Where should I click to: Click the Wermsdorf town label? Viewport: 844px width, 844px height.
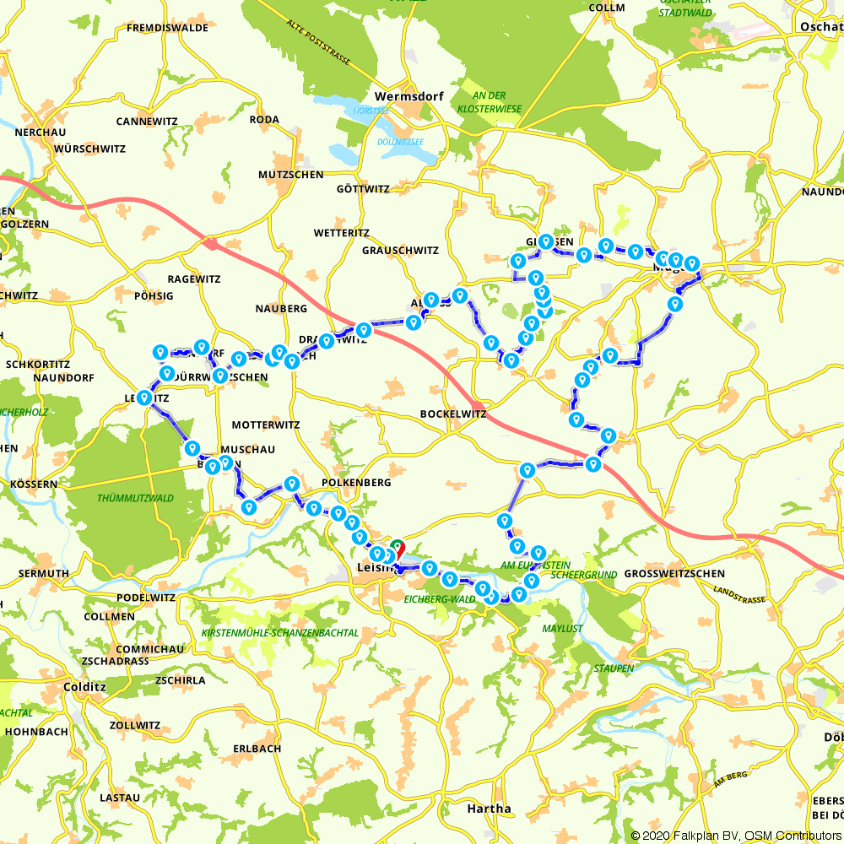click(408, 96)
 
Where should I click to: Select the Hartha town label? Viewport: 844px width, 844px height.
click(489, 809)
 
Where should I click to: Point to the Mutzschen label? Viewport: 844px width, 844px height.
click(290, 175)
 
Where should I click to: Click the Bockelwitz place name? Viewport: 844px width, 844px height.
click(454, 414)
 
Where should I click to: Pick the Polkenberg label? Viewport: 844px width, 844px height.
click(356, 483)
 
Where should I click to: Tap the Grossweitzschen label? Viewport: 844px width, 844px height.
click(674, 574)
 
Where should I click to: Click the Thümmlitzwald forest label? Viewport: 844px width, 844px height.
click(135, 498)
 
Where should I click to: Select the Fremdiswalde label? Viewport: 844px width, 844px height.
click(167, 28)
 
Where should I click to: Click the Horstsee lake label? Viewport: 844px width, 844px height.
click(371, 111)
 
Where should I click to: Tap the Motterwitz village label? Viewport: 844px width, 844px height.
click(265, 425)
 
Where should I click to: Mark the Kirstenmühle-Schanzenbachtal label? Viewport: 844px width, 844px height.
click(279, 632)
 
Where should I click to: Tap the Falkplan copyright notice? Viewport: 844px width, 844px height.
click(734, 835)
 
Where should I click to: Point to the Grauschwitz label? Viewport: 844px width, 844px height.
click(400, 251)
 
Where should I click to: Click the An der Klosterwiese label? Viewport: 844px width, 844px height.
click(489, 102)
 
